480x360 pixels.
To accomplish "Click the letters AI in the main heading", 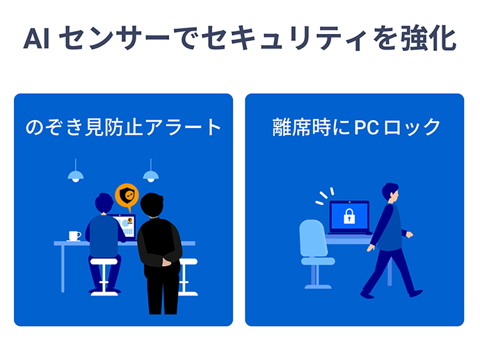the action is tap(36, 39).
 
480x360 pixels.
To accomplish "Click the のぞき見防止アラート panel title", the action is tap(123, 127).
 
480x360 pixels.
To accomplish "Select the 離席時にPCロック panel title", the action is tap(356, 127).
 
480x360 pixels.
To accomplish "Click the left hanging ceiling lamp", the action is tap(76, 175).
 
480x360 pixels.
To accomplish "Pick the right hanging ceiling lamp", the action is tap(151, 175).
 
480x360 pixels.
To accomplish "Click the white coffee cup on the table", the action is tap(74, 236).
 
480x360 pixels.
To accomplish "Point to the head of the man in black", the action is tap(152, 204).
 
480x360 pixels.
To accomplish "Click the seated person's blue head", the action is tap(104, 203).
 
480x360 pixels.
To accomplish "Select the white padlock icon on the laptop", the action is tap(349, 216).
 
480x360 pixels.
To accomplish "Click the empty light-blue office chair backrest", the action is tap(313, 238).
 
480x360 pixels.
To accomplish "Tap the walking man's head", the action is tap(391, 192).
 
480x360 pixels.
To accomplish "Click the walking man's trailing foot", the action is tap(367, 295).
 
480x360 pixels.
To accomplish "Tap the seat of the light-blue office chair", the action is tap(318, 261).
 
